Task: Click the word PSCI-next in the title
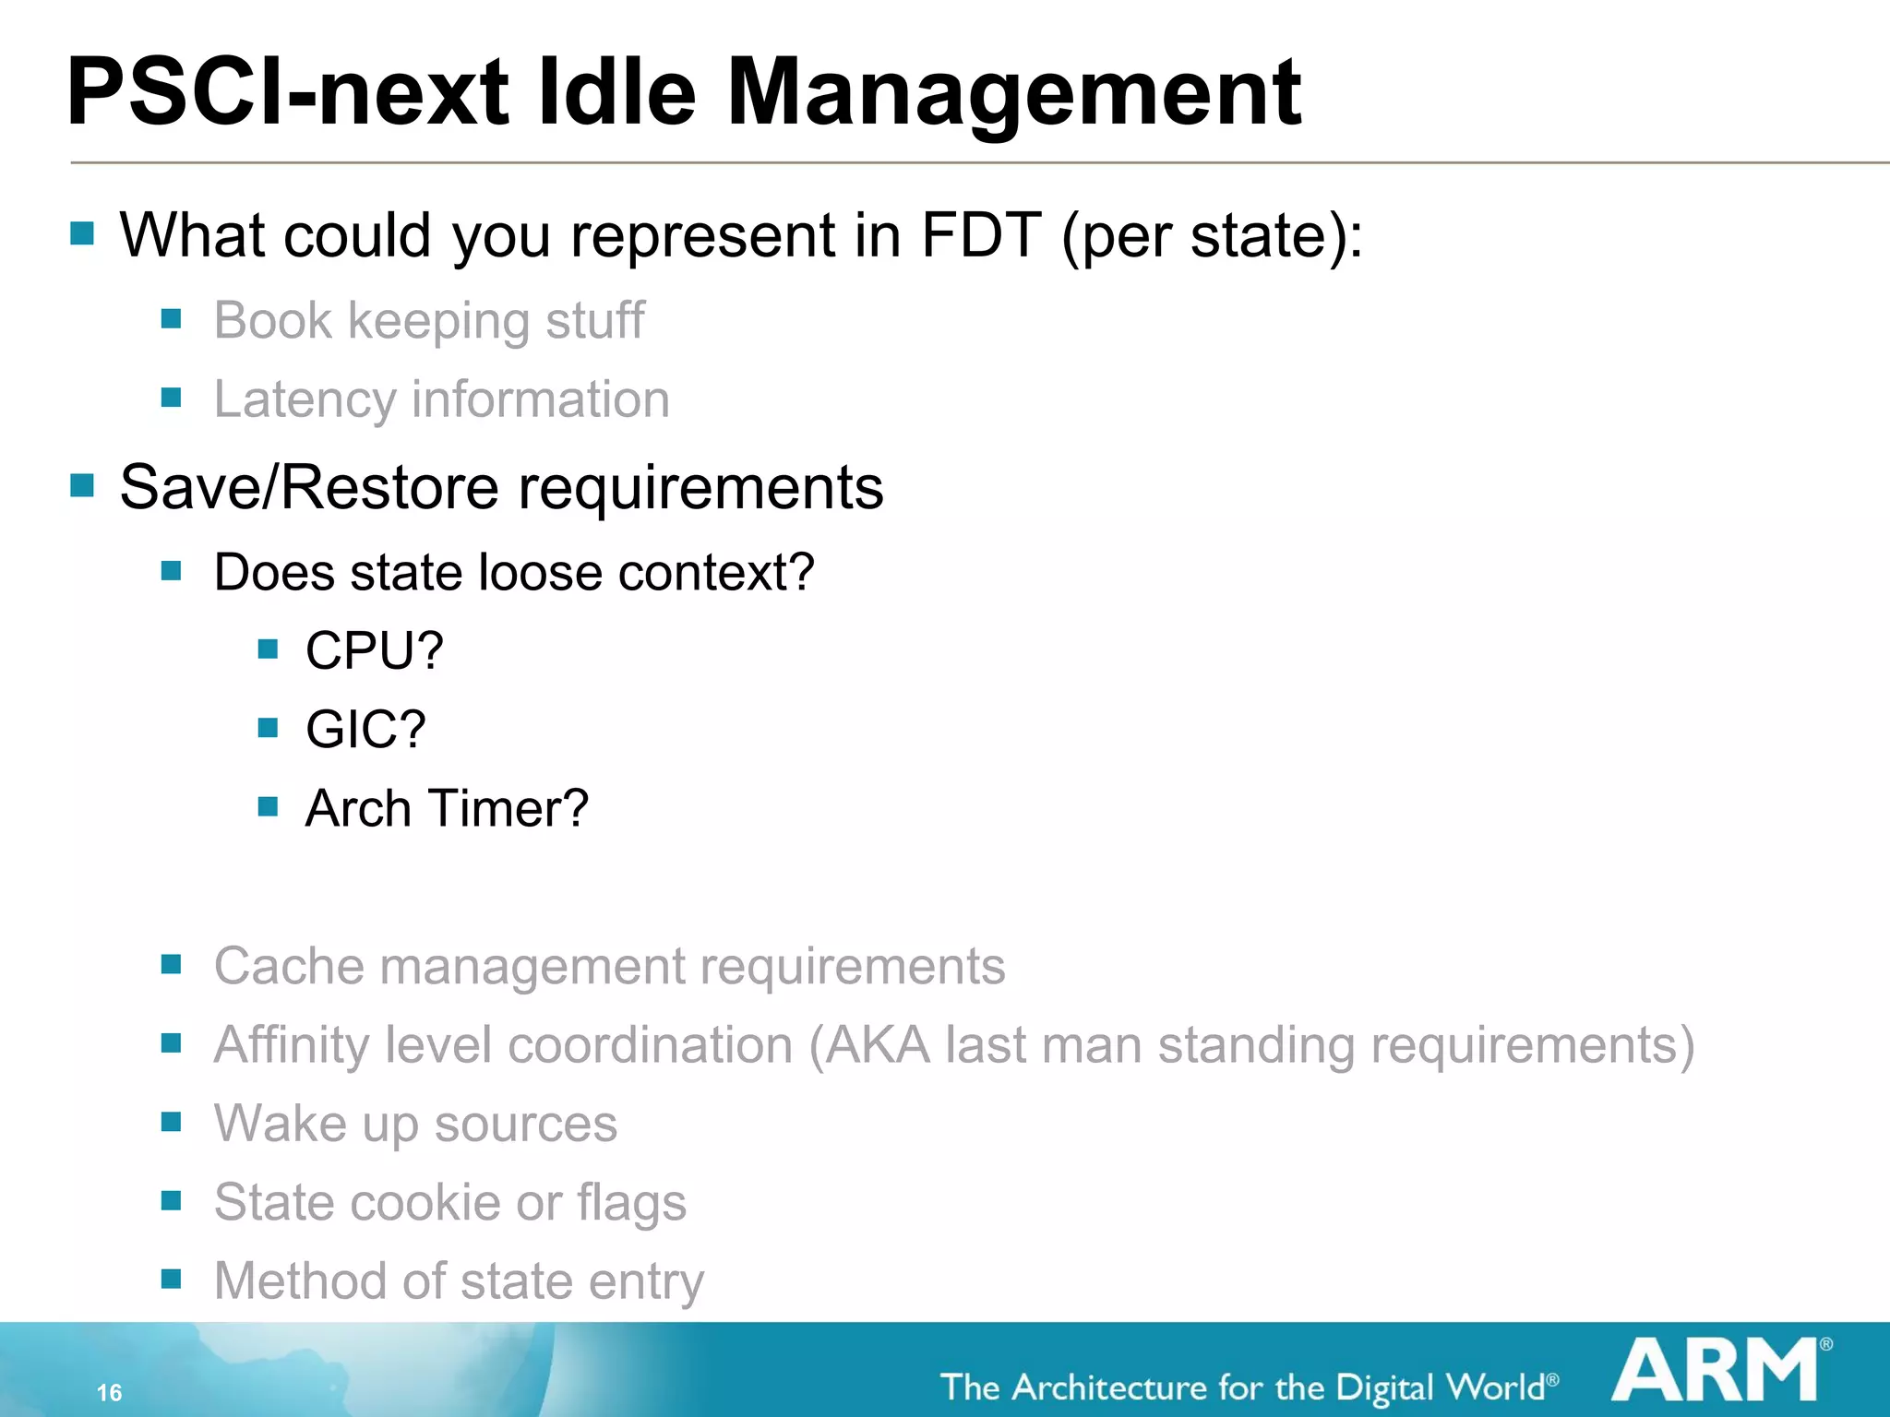287,92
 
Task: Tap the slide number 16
109,1392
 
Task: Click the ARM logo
1717,1372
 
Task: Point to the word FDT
981,235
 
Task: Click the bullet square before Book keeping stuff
171,319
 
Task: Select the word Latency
305,399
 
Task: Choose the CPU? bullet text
375,650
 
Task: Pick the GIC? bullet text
365,730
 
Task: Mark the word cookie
425,1202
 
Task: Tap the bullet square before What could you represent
82,233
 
